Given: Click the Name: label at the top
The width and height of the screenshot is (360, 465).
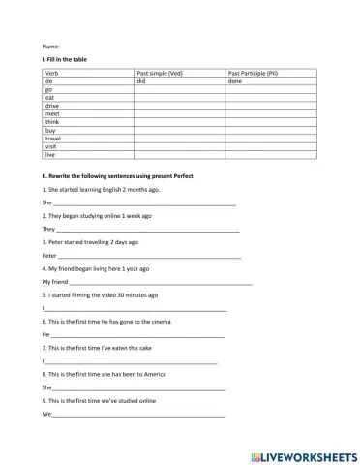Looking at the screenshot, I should tap(51, 46).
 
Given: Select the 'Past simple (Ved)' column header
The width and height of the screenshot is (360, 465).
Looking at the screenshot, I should tap(161, 74).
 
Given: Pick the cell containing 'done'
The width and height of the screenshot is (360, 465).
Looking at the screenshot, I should tap(235, 81).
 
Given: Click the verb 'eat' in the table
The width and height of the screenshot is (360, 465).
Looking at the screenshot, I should tap(49, 98).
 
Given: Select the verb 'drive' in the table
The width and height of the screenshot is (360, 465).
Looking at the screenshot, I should tap(51, 106).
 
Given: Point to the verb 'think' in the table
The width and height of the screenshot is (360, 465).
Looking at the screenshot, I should tap(52, 122).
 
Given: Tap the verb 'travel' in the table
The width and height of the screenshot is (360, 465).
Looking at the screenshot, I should tap(53, 138).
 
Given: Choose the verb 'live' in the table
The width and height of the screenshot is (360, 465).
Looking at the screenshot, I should tap(50, 154).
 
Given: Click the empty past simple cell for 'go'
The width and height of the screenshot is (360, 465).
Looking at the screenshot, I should tap(179, 90).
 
